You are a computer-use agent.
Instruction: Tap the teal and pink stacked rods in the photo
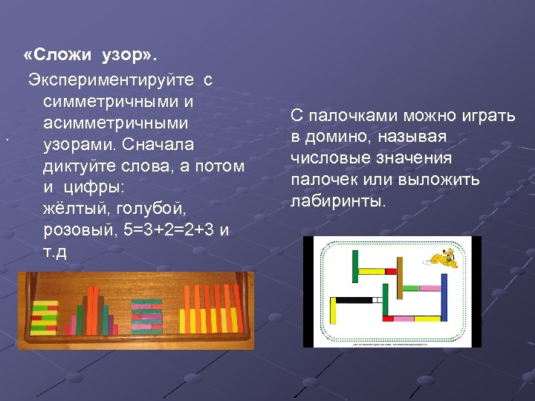[x=148, y=315]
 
